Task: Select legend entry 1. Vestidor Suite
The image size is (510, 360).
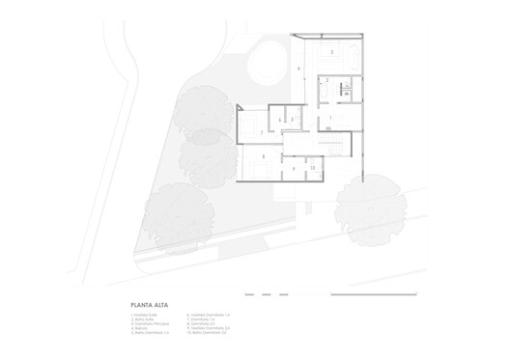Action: (x=141, y=311)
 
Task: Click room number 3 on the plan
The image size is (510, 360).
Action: (x=332, y=51)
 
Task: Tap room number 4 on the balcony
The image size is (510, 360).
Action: (x=299, y=69)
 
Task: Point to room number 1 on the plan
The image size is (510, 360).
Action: (x=331, y=119)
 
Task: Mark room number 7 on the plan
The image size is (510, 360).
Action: (x=262, y=130)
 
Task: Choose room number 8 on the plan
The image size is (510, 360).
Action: (x=262, y=155)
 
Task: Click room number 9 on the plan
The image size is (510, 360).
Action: (x=295, y=168)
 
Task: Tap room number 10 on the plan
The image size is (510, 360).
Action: (x=313, y=168)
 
